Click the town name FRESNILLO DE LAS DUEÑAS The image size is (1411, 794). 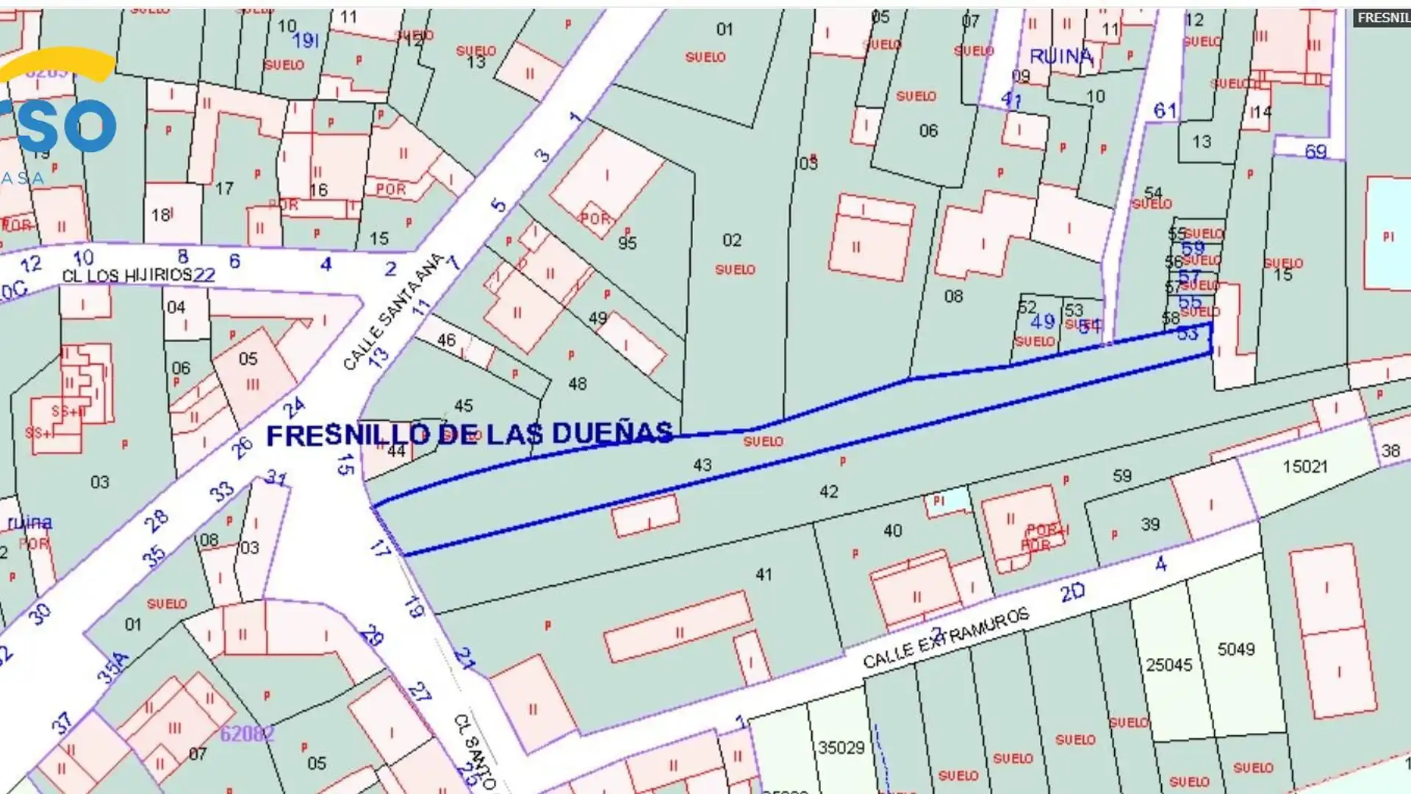(x=469, y=434)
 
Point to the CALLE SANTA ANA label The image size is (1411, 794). (x=393, y=310)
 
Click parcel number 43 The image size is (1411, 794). (x=702, y=465)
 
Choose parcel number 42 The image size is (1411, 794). (x=828, y=491)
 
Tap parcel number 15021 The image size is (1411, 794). (x=1304, y=466)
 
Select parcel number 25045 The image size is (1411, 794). (x=1168, y=665)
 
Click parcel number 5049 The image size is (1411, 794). (x=1235, y=649)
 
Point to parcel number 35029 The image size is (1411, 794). (x=841, y=748)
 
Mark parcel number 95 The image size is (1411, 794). (x=627, y=243)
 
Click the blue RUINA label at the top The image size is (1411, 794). (x=1060, y=56)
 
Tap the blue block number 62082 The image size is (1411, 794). (x=247, y=733)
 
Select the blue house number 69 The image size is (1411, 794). (x=1315, y=152)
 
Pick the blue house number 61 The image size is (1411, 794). (x=1165, y=111)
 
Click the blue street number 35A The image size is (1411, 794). (x=113, y=668)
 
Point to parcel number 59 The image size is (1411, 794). (x=1121, y=476)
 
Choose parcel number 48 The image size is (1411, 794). (x=577, y=383)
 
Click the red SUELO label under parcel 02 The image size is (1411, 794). (x=734, y=270)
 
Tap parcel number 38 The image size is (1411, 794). (x=1390, y=451)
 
